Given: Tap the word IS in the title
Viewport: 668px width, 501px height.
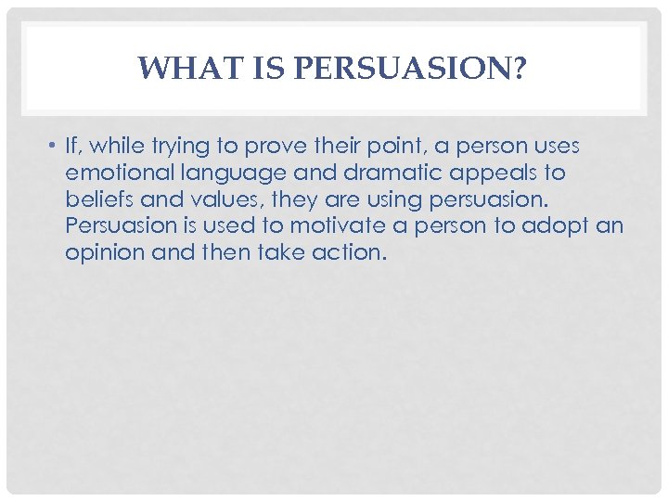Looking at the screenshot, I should click(x=253, y=69).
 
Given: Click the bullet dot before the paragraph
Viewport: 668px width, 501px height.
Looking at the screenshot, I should click(x=55, y=147).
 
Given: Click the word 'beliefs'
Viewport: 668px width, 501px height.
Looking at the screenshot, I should click(x=96, y=199).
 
